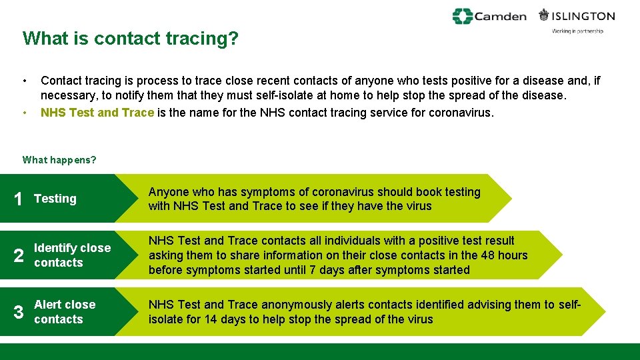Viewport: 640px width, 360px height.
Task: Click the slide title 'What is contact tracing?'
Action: point(130,39)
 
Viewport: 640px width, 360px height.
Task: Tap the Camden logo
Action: point(489,16)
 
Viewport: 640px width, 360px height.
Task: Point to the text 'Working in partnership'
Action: point(577,31)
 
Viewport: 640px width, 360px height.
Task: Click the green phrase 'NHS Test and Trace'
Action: point(97,113)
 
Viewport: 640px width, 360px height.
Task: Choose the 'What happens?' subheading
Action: point(59,160)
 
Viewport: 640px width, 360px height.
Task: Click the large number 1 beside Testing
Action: point(19,199)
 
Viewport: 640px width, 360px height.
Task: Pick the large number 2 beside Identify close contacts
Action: point(19,256)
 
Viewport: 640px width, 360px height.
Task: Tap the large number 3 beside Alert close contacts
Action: point(19,312)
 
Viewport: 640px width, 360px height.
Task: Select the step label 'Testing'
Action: point(55,199)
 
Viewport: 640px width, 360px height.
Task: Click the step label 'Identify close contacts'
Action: point(72,255)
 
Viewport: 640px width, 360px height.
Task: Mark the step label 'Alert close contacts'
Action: point(65,312)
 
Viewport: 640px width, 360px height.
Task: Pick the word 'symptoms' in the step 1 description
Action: point(270,192)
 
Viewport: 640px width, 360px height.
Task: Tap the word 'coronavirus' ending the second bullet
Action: point(459,113)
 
